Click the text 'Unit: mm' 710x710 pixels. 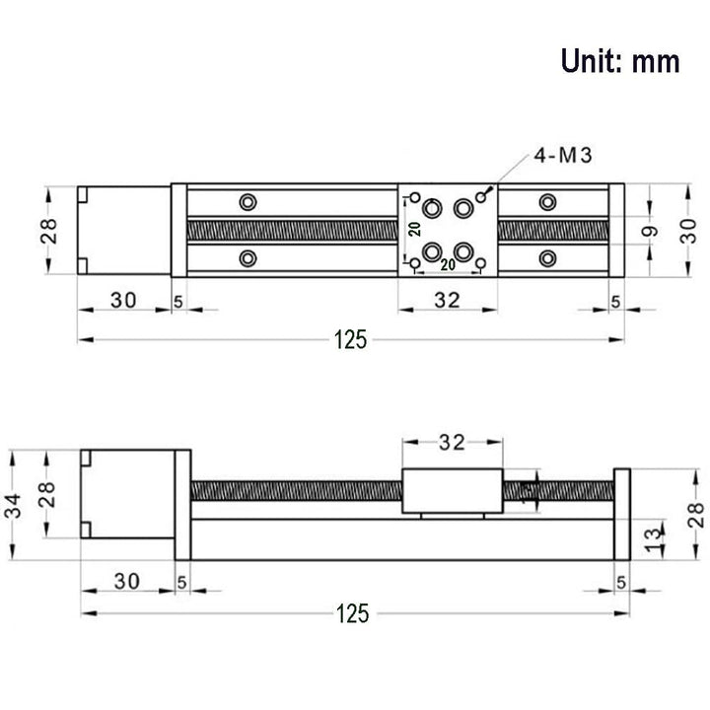tap(620, 61)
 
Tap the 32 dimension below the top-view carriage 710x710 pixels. tap(447, 302)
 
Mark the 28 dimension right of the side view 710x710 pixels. tap(696, 513)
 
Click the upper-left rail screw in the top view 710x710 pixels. tap(247, 202)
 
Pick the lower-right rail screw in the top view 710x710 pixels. tap(547, 259)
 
